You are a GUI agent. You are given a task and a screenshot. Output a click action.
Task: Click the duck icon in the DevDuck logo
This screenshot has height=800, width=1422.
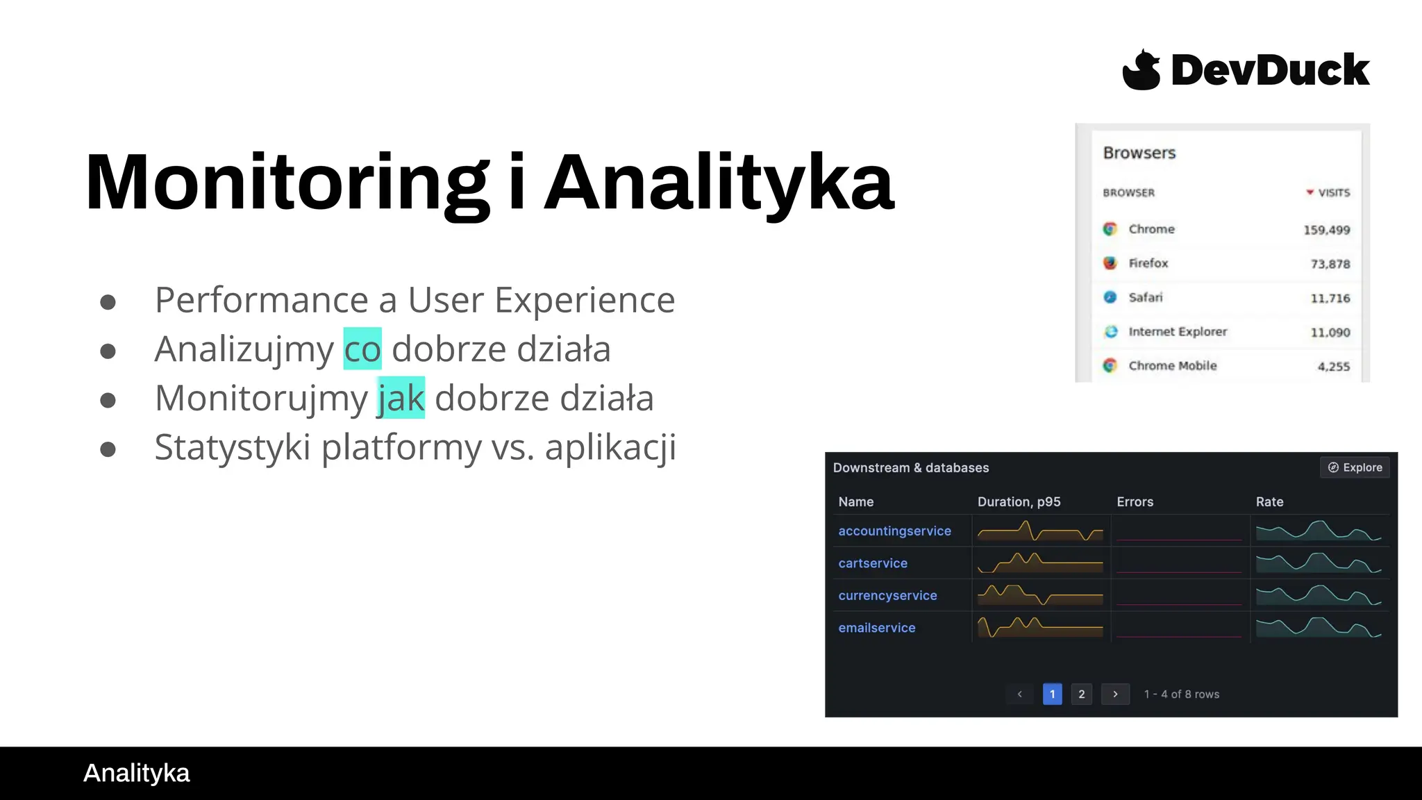point(1141,69)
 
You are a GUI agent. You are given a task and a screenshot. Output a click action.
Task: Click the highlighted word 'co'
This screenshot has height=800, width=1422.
point(362,349)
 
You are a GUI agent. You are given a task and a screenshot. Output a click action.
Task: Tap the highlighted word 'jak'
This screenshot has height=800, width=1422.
point(401,398)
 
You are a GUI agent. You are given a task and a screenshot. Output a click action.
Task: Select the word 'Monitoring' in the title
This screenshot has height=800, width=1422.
point(287,182)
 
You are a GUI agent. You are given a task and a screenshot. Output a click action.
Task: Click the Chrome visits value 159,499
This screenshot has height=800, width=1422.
point(1326,230)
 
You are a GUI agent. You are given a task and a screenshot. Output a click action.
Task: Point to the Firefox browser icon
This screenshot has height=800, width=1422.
point(1110,263)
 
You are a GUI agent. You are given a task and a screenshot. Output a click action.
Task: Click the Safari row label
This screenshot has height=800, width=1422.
point(1145,297)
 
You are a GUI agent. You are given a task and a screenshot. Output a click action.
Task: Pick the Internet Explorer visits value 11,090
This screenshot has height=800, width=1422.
point(1330,333)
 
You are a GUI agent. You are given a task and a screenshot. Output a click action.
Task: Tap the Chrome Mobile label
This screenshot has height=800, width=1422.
point(1172,366)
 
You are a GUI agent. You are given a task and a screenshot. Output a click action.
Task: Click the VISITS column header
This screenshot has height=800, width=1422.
point(1333,192)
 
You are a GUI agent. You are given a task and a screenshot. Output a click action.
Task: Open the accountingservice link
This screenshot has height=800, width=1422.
point(894,531)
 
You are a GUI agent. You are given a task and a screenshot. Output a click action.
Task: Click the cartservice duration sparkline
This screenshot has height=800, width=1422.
point(1039,562)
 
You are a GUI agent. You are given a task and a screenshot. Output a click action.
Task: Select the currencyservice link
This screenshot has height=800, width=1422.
point(887,595)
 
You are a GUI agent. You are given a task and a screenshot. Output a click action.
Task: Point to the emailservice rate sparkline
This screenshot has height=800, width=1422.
point(1318,627)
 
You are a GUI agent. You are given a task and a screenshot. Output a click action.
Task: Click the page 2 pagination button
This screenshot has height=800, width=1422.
point(1081,694)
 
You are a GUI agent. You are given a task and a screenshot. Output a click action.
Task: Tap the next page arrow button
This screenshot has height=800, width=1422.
point(1115,694)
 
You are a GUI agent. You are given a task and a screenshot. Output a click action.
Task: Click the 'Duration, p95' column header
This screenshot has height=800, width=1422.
point(1019,501)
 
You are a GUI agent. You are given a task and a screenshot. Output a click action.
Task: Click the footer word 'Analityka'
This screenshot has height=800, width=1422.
point(136,773)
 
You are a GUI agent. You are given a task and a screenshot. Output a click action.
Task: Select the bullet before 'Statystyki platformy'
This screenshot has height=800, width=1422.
point(108,449)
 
